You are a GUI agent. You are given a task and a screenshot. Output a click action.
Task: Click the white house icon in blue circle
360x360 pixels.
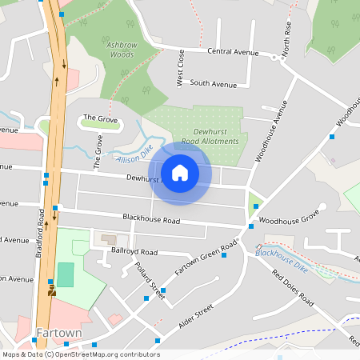[180, 173]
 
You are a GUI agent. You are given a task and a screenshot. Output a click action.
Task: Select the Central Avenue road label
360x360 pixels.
[233, 52]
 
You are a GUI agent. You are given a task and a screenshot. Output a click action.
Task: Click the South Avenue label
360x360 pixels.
[214, 83]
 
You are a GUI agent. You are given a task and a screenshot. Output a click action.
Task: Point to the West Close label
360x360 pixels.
[181, 67]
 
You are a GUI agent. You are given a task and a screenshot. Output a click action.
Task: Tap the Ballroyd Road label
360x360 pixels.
[134, 251]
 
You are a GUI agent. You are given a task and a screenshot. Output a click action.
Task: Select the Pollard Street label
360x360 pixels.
[149, 281]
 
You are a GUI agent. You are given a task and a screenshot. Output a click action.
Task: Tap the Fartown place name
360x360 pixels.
[59, 332]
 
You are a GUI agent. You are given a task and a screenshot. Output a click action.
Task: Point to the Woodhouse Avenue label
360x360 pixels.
[270, 132]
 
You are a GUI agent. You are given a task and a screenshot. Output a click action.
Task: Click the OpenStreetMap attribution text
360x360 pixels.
[80, 354]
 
